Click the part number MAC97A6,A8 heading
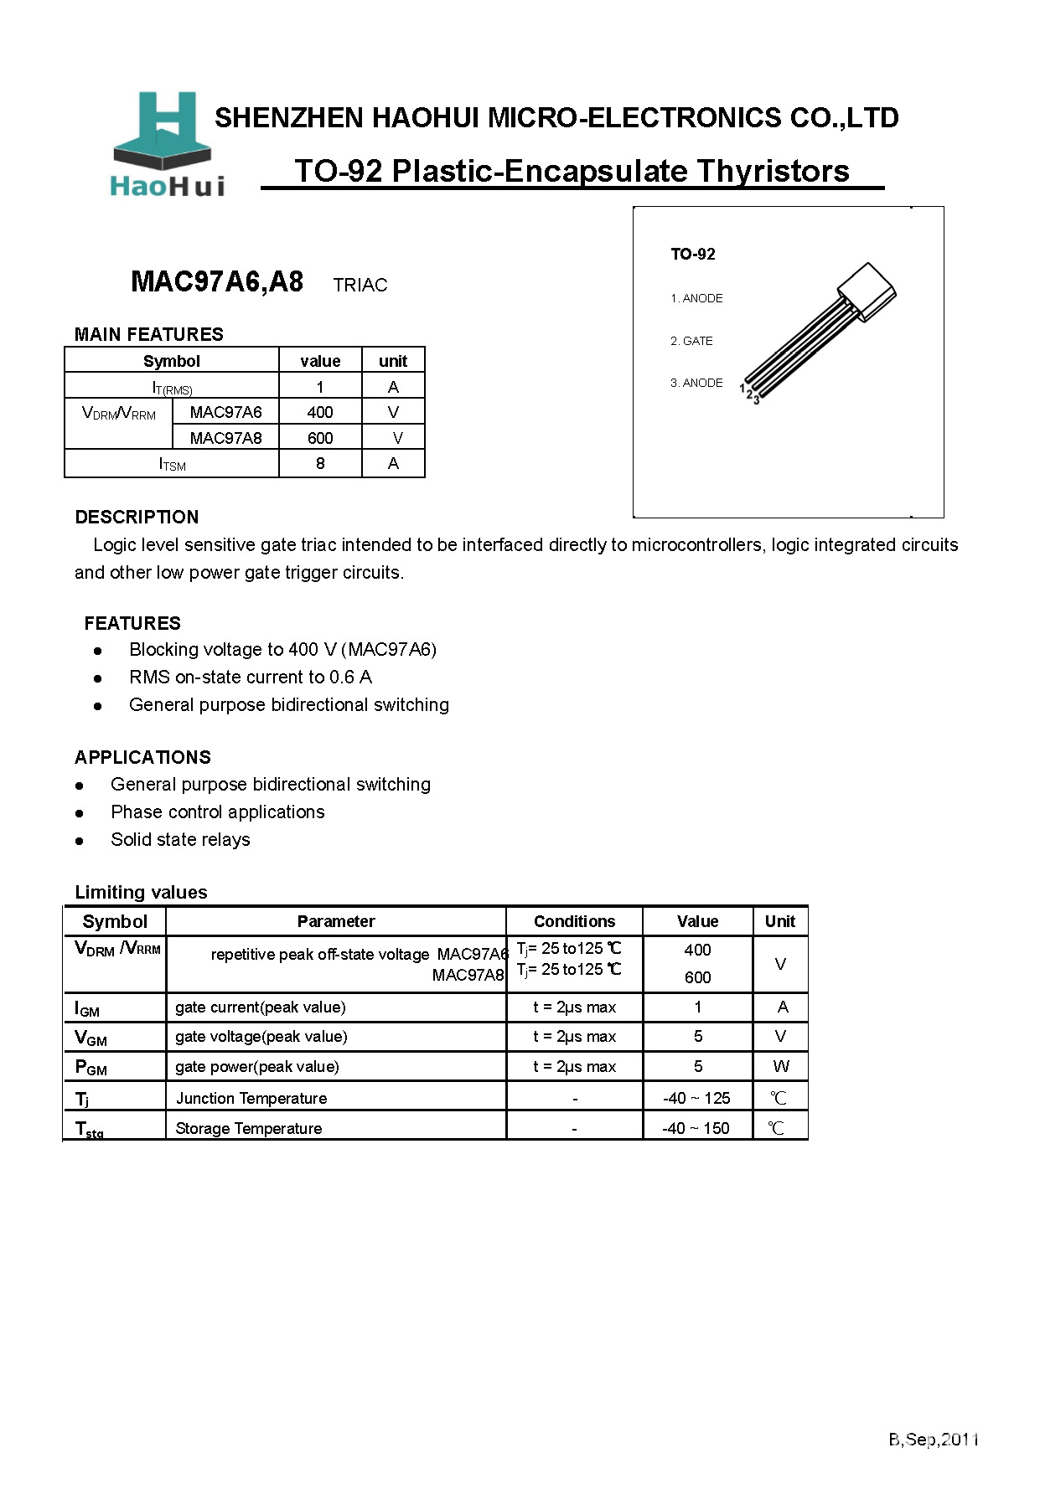(x=217, y=281)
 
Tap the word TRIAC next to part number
(x=360, y=285)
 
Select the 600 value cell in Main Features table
(x=320, y=438)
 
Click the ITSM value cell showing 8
(x=320, y=463)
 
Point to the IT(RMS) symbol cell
(x=172, y=387)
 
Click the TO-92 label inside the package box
(x=692, y=254)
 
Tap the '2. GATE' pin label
(x=691, y=341)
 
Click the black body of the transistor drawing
(x=867, y=291)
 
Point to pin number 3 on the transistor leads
(x=757, y=400)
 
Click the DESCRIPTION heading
(x=137, y=517)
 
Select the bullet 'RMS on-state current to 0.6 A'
(x=250, y=677)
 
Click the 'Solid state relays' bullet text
(x=180, y=839)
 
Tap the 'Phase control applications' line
(x=217, y=811)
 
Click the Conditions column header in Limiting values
(x=574, y=921)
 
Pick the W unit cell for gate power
(x=780, y=1066)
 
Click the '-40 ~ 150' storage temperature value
(x=696, y=1128)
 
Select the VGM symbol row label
(x=91, y=1038)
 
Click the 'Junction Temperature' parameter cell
(x=251, y=1098)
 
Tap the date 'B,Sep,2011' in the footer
(x=934, y=1439)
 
